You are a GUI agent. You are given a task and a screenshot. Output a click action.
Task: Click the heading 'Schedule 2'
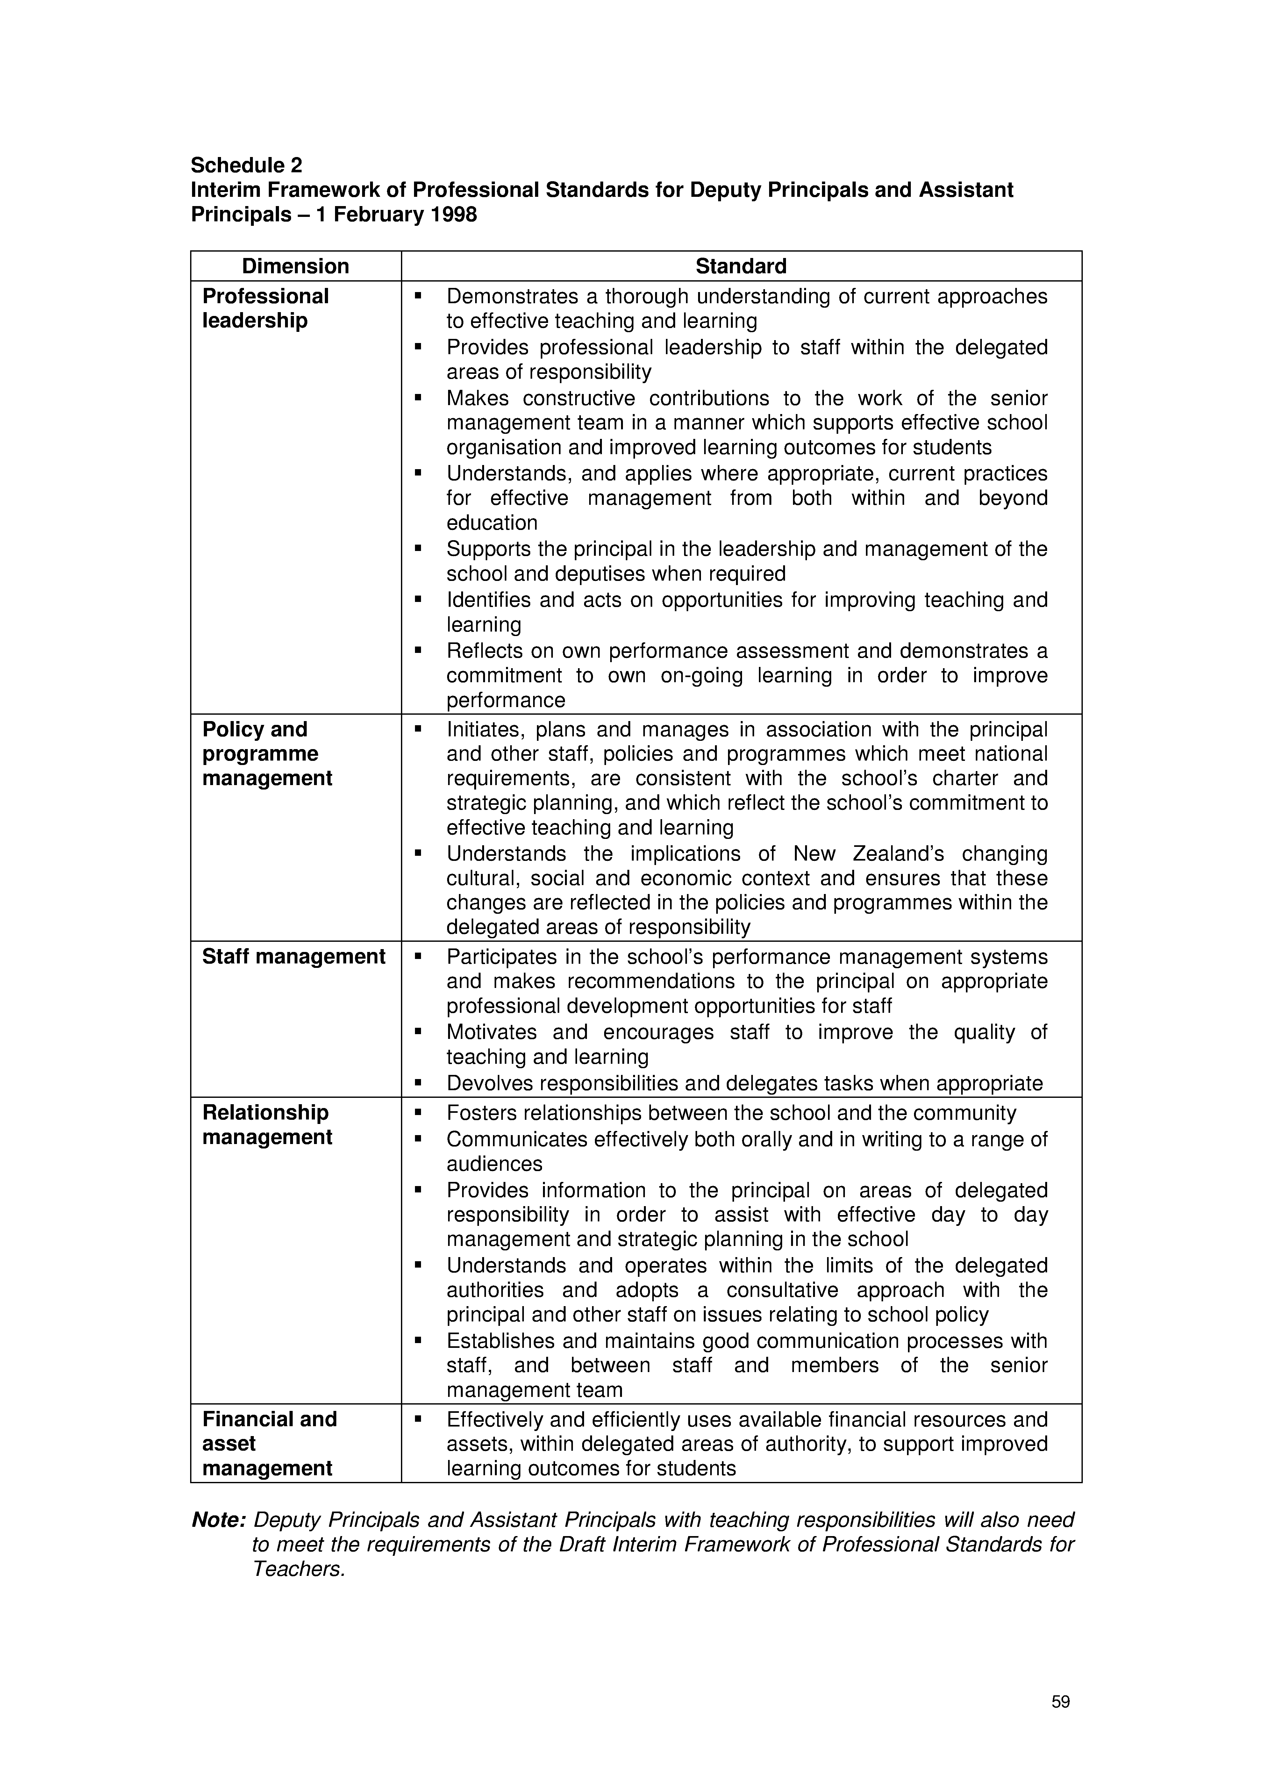246,165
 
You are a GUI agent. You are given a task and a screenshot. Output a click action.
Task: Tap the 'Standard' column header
741,266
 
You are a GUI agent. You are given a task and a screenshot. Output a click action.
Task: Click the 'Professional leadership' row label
266,308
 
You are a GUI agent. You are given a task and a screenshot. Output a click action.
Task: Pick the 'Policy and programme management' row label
267,754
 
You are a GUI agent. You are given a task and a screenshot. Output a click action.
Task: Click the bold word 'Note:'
219,1520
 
